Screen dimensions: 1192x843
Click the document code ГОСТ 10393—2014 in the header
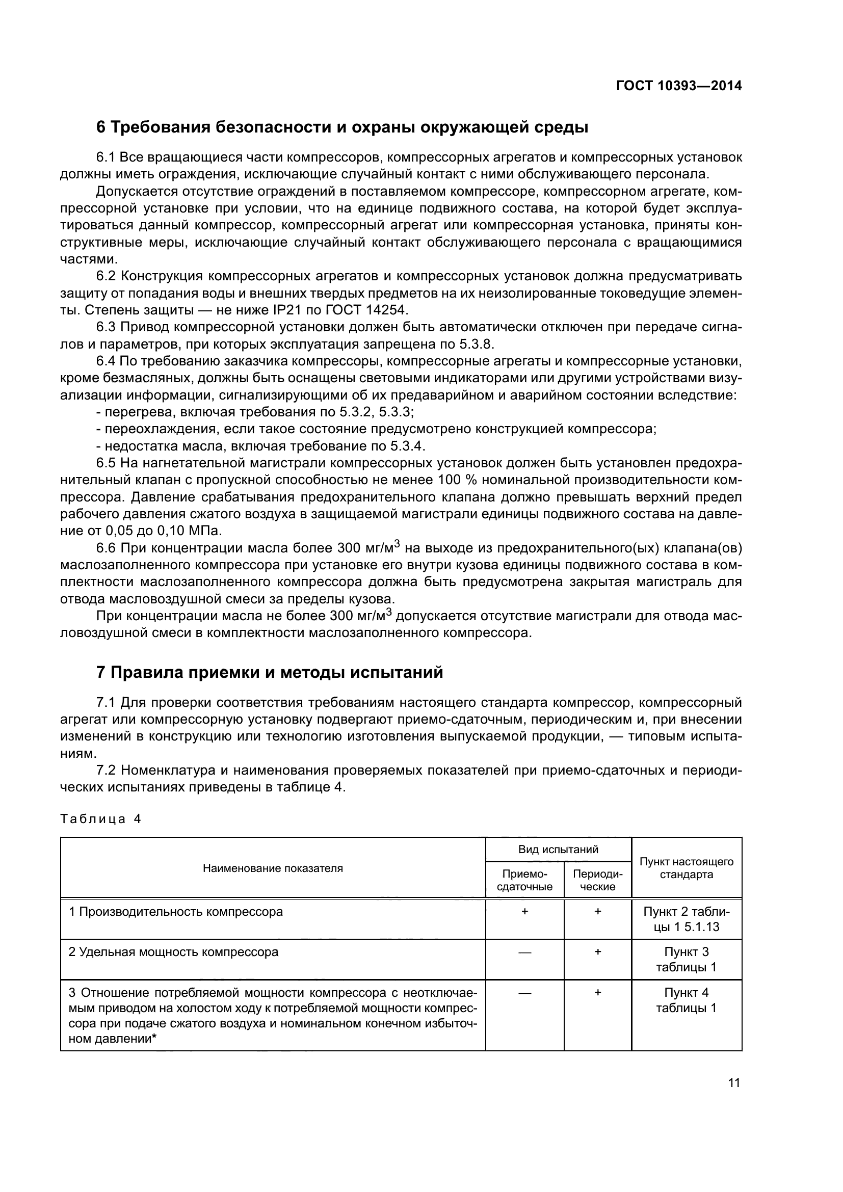(x=678, y=86)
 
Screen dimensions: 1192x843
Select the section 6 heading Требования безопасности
(x=342, y=127)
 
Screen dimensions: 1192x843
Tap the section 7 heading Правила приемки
(x=270, y=672)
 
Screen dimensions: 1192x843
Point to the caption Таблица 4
(x=101, y=819)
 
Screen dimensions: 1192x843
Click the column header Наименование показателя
(x=273, y=868)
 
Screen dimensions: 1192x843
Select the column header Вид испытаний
(x=558, y=850)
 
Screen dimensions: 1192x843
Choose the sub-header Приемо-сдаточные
(x=524, y=880)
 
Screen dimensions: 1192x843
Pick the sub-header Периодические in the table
(x=597, y=880)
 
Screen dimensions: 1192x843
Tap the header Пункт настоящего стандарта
(x=686, y=868)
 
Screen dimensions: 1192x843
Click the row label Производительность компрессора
(x=176, y=912)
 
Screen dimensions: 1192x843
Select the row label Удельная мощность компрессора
(x=173, y=952)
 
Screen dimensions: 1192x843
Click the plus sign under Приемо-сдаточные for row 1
(x=524, y=911)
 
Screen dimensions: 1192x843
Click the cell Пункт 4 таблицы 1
(x=686, y=1000)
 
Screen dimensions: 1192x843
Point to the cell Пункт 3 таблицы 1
(x=686, y=960)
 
